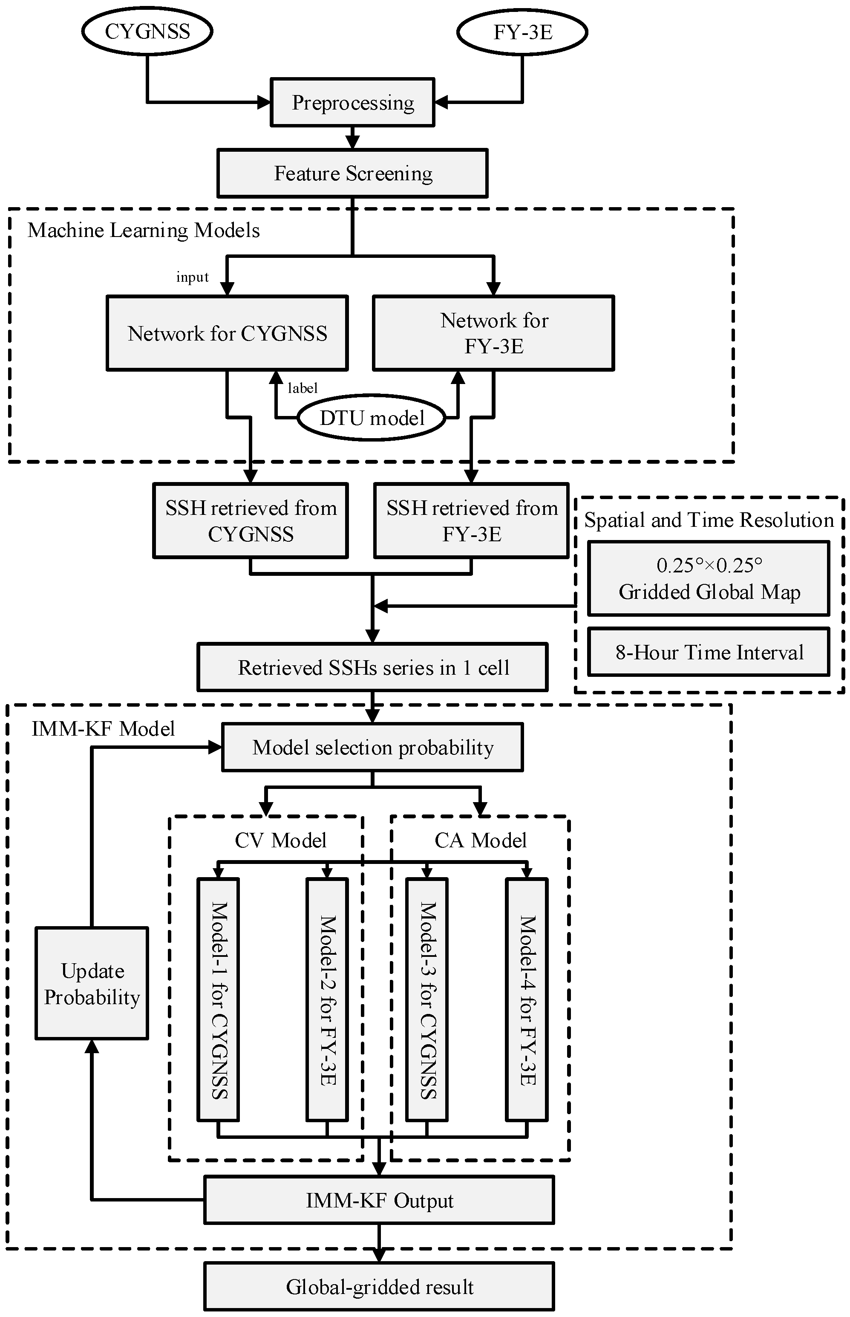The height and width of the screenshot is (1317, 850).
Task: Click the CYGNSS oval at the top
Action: click(x=147, y=32)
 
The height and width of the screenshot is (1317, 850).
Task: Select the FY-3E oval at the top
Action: click(x=522, y=32)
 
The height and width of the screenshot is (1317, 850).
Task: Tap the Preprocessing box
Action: click(x=352, y=103)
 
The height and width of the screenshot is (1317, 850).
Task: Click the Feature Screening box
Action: click(x=352, y=173)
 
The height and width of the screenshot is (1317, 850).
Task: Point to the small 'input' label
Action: click(x=192, y=277)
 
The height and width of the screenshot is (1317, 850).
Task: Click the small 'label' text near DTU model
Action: click(x=303, y=388)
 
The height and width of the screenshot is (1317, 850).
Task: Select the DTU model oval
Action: click(x=372, y=418)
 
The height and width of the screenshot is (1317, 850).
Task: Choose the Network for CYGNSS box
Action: click(x=227, y=333)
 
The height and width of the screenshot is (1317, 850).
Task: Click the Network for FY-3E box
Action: click(x=493, y=333)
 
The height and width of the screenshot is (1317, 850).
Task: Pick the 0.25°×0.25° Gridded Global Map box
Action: click(x=709, y=578)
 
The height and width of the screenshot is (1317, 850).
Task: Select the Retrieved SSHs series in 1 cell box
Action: click(x=372, y=667)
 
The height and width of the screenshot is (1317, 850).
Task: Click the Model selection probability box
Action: click(x=372, y=748)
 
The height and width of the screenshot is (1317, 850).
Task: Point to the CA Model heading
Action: click(x=480, y=840)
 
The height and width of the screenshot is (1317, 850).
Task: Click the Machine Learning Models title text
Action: click(x=144, y=230)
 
